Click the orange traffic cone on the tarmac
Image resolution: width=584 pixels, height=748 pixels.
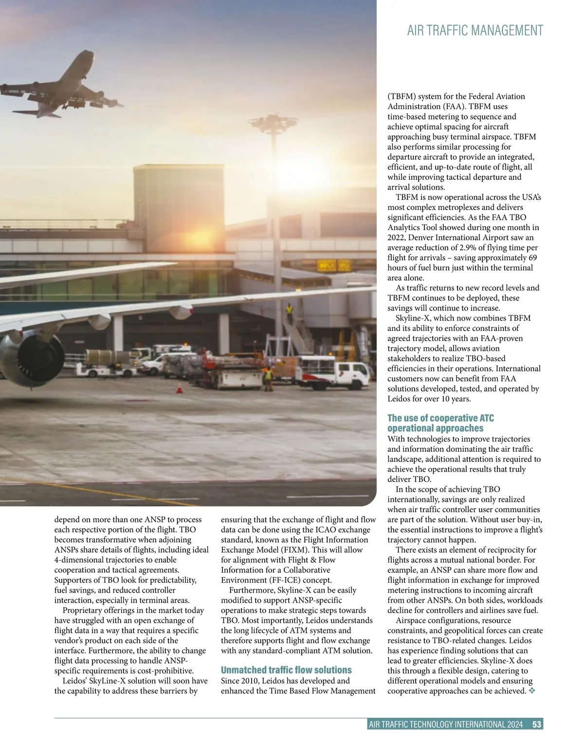[179, 388]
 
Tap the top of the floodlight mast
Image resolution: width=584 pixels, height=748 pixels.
[272, 122]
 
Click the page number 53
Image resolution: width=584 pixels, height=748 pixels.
[537, 724]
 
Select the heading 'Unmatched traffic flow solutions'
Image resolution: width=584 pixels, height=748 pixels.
[286, 670]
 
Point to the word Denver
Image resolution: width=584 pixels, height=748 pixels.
[421, 238]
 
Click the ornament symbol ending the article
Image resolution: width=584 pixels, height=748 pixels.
[531, 691]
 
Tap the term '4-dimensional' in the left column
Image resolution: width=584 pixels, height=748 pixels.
[78, 560]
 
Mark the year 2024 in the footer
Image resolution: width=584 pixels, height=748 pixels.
[514, 724]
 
